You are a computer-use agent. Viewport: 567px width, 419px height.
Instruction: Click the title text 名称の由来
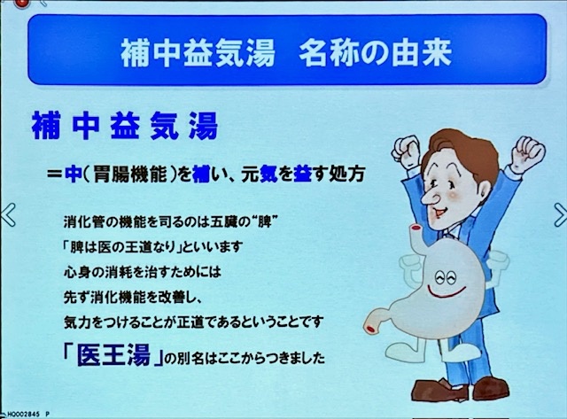coord(376,53)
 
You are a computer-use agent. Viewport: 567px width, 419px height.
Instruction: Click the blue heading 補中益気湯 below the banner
coord(125,126)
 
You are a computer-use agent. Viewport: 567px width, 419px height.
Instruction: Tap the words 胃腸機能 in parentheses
coord(130,175)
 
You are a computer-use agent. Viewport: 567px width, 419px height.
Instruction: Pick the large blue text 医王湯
coord(113,353)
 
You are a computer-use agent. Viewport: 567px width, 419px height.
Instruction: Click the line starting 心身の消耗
coord(142,272)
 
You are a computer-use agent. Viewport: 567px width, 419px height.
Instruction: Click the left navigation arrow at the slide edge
coord(8,214)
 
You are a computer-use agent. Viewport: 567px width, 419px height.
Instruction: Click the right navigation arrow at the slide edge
coord(560,214)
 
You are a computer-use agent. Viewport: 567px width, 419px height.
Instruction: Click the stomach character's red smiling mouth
coord(447,292)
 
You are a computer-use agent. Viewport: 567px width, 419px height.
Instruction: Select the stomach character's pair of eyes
coord(447,277)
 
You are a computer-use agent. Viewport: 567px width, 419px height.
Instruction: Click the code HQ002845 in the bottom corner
coord(23,415)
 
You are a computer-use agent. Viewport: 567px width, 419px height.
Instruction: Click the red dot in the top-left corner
coord(22,4)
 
